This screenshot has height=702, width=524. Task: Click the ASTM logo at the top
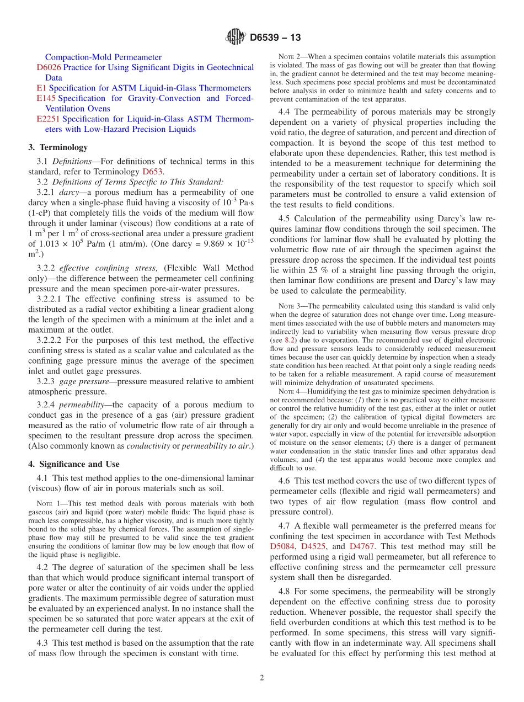coord(236,38)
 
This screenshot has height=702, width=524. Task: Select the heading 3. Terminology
coord(58,147)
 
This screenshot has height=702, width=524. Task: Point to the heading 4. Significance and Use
coord(74,464)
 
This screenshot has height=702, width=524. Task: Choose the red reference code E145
coord(46,98)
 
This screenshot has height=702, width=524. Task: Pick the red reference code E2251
coord(49,119)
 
